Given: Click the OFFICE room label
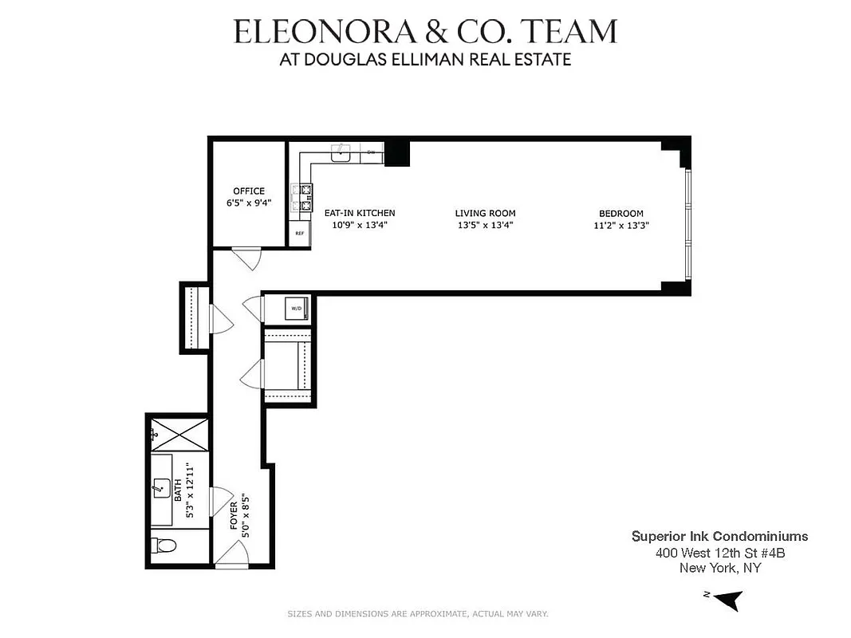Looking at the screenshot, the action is pos(249,191).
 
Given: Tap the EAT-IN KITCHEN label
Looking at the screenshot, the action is pos(359,213).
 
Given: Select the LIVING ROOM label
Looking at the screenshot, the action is pos(485,213).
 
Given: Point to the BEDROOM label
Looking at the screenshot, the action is pos(621,213).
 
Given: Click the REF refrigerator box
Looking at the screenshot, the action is pos(300,234).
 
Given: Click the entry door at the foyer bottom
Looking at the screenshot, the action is pos(232,556).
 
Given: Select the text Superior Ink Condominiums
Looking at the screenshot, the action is pos(719,537).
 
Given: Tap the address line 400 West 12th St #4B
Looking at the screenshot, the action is pos(720,553).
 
